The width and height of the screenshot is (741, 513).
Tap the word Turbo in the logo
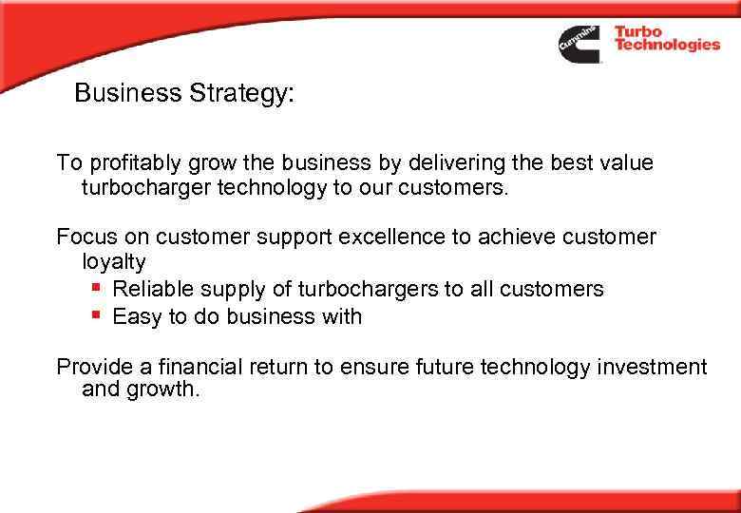(x=638, y=32)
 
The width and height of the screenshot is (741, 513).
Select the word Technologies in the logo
(x=667, y=46)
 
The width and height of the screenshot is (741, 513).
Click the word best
(x=562, y=162)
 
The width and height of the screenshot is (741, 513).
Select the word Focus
(x=84, y=236)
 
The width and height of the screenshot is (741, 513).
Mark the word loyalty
(x=114, y=261)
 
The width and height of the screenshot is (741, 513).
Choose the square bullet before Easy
(x=96, y=316)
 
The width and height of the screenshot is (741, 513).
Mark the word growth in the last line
(x=163, y=390)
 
